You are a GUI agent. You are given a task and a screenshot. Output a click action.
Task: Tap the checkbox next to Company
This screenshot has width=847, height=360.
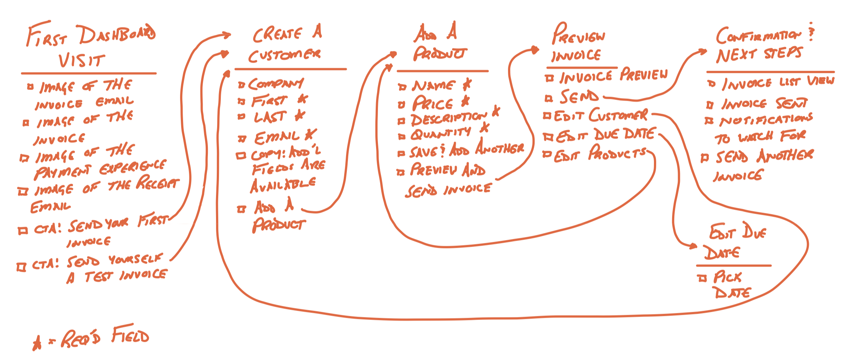coord(241,85)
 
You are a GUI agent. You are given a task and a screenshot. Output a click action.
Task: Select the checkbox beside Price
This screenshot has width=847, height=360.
coord(401,105)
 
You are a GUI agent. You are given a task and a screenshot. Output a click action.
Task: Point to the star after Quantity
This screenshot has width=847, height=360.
coord(484,128)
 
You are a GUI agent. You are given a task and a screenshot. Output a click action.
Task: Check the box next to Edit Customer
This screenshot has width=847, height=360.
coord(547,116)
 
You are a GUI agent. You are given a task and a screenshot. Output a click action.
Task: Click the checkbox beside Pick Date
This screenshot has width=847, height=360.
coord(702,278)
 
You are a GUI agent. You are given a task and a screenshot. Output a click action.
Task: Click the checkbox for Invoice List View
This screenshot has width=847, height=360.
coord(711,84)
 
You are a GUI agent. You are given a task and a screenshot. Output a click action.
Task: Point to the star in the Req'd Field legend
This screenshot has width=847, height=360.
coord(37,343)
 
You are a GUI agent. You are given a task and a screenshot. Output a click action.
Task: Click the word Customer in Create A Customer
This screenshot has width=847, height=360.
coord(284,56)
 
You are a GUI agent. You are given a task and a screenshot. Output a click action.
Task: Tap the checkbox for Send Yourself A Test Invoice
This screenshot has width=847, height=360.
coord(21,267)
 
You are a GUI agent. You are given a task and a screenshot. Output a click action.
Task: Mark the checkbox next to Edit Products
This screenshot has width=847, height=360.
coord(547,154)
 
